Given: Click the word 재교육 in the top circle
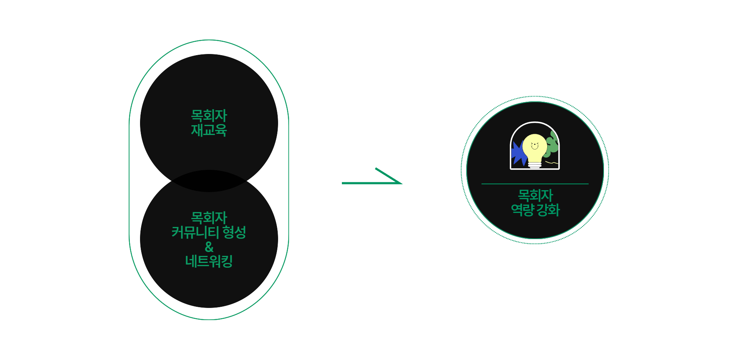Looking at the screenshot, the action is pos(209,130).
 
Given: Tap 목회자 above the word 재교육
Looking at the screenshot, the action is pos(209,116).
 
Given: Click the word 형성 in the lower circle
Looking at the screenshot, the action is pos(234,232).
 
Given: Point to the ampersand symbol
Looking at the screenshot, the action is pos(209,247).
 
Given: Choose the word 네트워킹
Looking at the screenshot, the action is pos(209,261).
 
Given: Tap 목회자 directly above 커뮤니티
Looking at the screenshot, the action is pos(209,218).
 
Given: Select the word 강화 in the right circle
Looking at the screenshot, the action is pos(548,210).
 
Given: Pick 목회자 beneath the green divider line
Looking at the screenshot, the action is pos(535,196).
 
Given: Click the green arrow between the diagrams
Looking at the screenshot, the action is pos(372,182).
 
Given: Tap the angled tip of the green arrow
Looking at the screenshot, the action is pos(401,183).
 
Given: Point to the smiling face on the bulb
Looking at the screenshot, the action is pos(535,146).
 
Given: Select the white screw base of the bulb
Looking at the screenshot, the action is pos(535,165).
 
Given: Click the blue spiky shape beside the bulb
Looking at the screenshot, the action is pos(518,154).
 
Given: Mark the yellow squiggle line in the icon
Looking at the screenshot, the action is pos(552,162).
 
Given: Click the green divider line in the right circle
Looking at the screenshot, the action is pos(535,184).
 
